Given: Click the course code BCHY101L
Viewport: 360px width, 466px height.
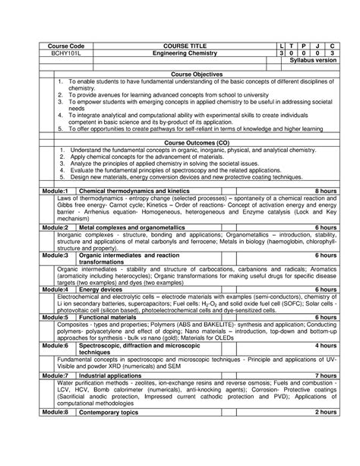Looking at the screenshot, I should [55, 54].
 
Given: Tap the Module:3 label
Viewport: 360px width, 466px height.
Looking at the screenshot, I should [55, 256].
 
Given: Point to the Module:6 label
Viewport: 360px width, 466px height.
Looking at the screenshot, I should [55, 345].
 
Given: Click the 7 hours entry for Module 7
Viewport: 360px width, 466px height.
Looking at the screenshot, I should [325, 376].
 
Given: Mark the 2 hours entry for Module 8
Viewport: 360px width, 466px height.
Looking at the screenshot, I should [325, 411].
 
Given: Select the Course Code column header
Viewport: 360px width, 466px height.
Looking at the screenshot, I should [55, 46].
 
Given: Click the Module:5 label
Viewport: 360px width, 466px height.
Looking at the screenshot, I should [55, 317].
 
